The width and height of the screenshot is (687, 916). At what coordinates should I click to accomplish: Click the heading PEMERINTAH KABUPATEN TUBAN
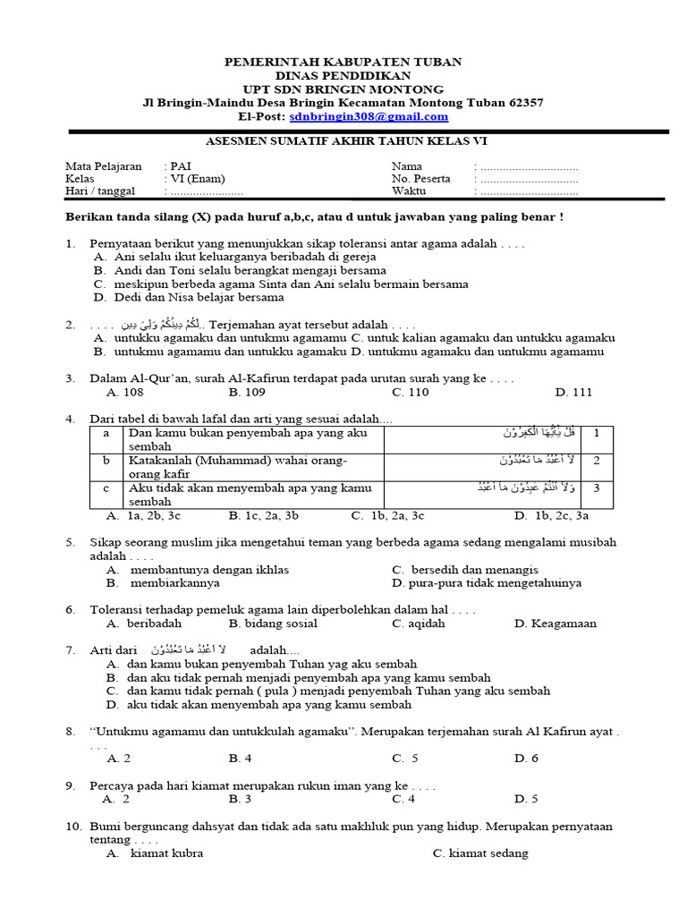click(x=343, y=62)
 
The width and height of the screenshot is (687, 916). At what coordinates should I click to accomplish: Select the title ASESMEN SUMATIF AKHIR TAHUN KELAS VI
click(x=347, y=141)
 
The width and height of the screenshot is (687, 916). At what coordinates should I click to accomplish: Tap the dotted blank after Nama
click(x=529, y=167)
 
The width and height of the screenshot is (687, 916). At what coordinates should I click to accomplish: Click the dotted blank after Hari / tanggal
click(x=207, y=191)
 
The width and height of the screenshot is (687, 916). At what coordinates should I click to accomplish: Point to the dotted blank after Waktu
click(x=529, y=191)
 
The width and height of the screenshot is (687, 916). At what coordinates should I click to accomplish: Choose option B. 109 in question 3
click(x=247, y=392)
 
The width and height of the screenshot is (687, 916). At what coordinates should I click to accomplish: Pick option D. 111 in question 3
click(x=573, y=392)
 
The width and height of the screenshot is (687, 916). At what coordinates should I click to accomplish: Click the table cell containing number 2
click(x=596, y=462)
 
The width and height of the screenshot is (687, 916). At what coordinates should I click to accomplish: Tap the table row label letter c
click(x=106, y=488)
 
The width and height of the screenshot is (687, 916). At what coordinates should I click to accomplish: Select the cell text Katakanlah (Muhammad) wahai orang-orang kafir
click(x=238, y=467)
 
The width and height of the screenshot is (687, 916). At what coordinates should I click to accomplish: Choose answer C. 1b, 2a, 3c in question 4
click(x=387, y=515)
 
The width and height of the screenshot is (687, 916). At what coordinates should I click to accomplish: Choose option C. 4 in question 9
click(x=403, y=799)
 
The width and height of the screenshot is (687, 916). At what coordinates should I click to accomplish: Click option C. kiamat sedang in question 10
click(x=479, y=853)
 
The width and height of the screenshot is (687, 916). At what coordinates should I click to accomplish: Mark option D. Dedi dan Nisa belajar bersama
click(x=189, y=297)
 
